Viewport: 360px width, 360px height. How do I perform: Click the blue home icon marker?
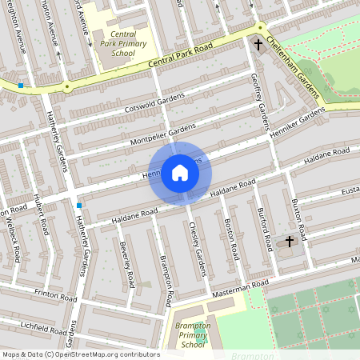click(180, 173)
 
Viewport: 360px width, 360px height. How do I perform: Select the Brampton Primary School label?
click(193, 335)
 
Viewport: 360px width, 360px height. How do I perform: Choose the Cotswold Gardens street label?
click(154, 102)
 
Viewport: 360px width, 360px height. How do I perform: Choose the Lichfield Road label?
click(44, 328)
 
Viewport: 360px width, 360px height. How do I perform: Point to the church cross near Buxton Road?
click(290, 240)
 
